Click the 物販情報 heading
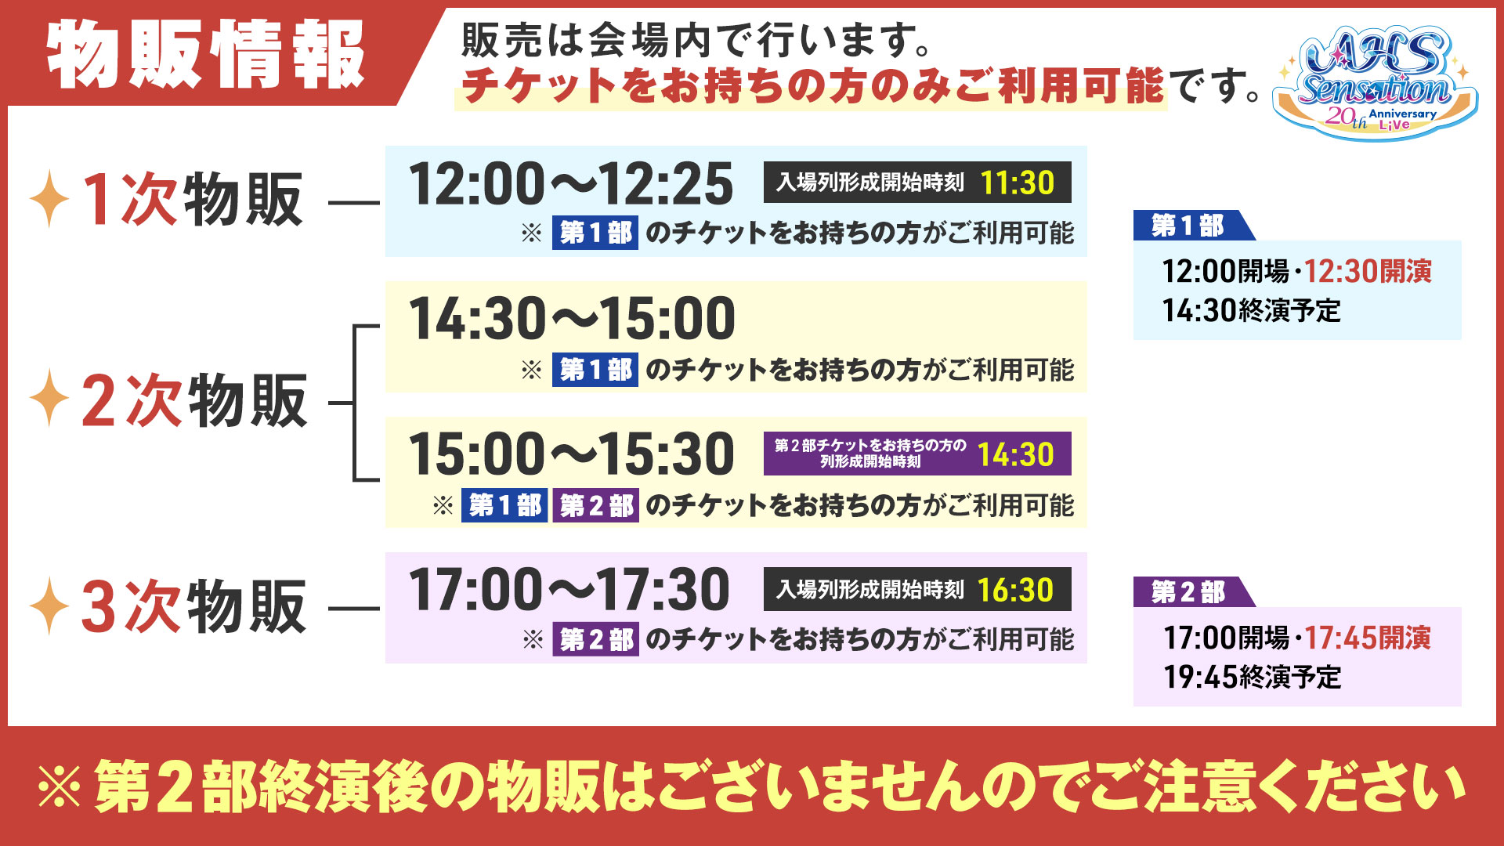[206, 54]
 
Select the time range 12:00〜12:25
[571, 184]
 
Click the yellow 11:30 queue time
[1018, 183]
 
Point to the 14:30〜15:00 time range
[572, 319]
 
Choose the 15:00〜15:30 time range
[572, 454]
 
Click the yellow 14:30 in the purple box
[1016, 454]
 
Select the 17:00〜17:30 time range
[569, 590]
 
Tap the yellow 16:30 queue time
[1016, 590]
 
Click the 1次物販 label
[192, 200]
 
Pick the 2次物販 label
[194, 400]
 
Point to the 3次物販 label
[193, 606]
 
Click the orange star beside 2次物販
[49, 398]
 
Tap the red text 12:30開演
[1368, 271]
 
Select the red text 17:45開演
[1368, 638]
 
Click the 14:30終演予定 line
[1251, 310]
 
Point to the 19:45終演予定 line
[1252, 677]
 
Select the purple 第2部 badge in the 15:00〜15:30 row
[596, 505]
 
